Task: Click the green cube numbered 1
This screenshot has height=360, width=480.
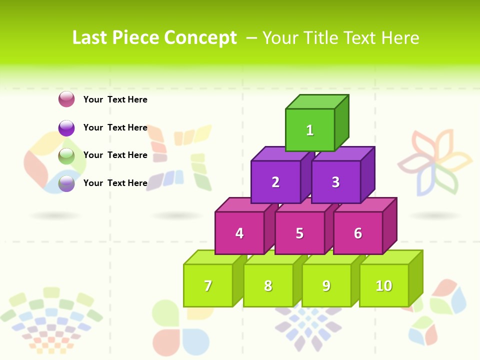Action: pyautogui.click(x=310, y=130)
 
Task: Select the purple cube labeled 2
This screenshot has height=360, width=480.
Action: pyautogui.click(x=275, y=182)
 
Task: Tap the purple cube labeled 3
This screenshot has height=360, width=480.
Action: pyautogui.click(x=335, y=182)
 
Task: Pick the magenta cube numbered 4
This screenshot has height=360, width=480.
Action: pyautogui.click(x=239, y=233)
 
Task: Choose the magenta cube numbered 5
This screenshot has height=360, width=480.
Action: pyautogui.click(x=299, y=233)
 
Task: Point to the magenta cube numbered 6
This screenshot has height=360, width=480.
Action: pyautogui.click(x=358, y=233)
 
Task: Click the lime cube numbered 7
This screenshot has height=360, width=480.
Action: pyautogui.click(x=208, y=285)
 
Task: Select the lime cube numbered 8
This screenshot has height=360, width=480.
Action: pyautogui.click(x=268, y=285)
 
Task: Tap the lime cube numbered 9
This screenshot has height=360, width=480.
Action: pyautogui.click(x=326, y=285)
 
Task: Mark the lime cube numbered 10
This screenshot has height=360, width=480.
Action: pyautogui.click(x=384, y=285)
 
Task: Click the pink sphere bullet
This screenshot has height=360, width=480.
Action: pyautogui.click(x=66, y=99)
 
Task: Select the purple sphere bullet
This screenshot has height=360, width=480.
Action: pyautogui.click(x=66, y=127)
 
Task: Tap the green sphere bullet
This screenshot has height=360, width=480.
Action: pyautogui.click(x=66, y=155)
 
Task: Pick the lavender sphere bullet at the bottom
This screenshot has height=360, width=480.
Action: pyautogui.click(x=66, y=183)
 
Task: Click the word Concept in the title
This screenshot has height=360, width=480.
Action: pyautogui.click(x=200, y=38)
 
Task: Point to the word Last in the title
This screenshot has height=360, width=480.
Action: pyautogui.click(x=90, y=38)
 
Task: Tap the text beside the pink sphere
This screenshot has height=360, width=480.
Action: pyautogui.click(x=115, y=99)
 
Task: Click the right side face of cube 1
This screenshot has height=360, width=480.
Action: pyautogui.click(x=342, y=122)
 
